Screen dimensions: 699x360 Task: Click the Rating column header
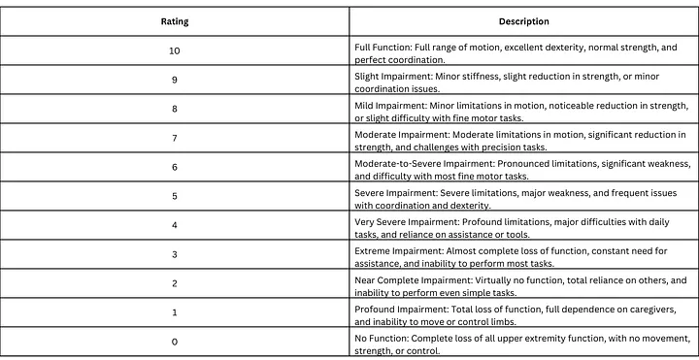175,21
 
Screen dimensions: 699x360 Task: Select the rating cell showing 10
175,50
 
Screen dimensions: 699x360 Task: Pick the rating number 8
175,110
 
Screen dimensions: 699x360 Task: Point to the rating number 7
175,139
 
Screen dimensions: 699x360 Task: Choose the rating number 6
175,168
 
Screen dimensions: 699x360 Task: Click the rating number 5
175,198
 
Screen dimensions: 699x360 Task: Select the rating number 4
175,227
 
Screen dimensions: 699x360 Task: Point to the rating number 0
175,342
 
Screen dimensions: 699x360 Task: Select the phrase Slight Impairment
390,74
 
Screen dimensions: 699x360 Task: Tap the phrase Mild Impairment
387,103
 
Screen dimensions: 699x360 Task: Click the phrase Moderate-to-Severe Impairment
417,162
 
